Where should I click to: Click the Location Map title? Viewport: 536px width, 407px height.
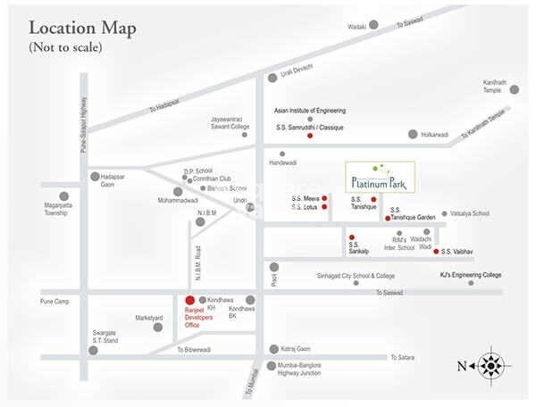coord(82,28)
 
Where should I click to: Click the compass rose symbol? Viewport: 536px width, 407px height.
coord(490,365)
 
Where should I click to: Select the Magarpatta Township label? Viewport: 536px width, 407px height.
coord(63,214)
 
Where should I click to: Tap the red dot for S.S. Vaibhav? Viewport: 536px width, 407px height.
coord(436,252)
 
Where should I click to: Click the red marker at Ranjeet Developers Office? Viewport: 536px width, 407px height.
coord(188,300)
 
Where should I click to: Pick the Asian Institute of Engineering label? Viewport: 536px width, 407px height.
coord(310,112)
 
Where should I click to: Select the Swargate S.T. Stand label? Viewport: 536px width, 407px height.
coord(105,338)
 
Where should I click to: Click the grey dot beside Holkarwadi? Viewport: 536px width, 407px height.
coord(413,134)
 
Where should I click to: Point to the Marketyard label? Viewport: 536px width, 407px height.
coord(149,318)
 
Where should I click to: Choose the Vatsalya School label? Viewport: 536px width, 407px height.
coord(470,214)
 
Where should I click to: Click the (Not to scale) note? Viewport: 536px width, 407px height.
coord(65,46)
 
